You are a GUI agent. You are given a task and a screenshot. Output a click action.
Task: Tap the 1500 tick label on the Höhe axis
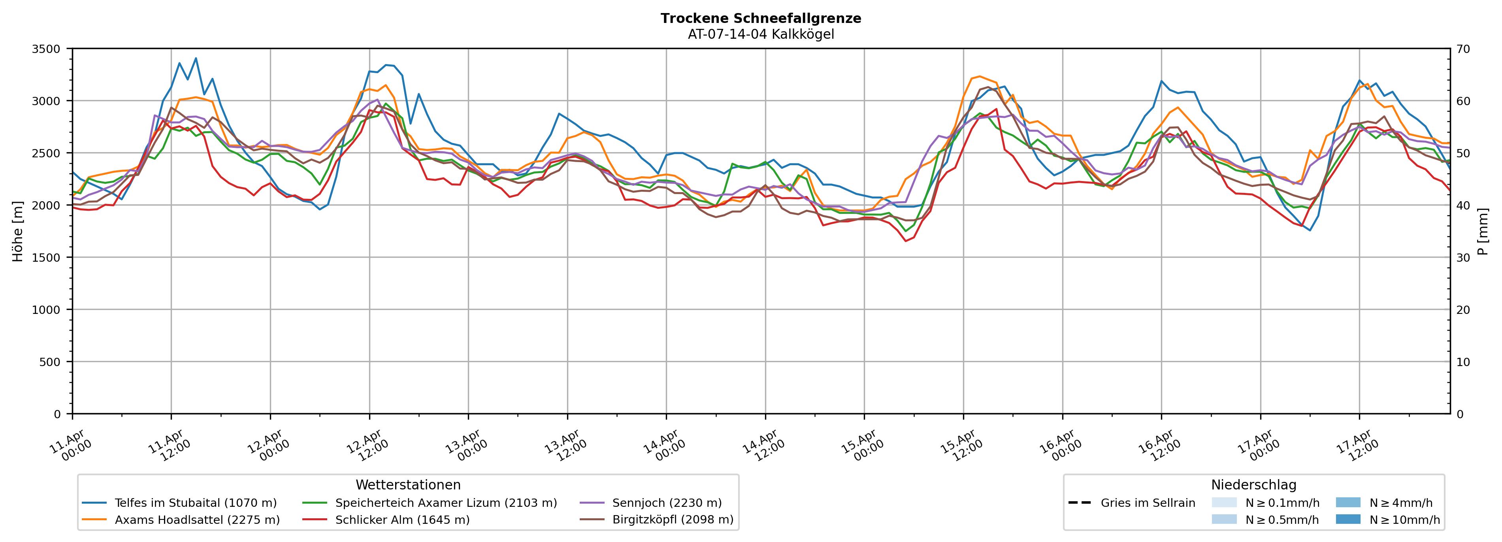coord(46,257)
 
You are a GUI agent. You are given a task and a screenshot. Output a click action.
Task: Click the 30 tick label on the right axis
coord(1464,257)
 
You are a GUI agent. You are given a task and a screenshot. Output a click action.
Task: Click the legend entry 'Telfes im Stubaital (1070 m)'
coord(195,503)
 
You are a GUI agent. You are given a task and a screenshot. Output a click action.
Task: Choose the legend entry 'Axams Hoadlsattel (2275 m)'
coord(197,520)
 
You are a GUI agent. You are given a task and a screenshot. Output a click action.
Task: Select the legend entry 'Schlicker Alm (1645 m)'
coord(402,520)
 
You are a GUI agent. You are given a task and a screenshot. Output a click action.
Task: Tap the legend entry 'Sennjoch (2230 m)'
coord(667,503)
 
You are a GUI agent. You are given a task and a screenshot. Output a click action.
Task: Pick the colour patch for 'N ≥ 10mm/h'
coord(1348,519)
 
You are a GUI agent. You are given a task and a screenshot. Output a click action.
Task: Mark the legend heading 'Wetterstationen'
coord(408,485)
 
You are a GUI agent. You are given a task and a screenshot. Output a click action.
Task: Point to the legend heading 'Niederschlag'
coord(1253,485)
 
